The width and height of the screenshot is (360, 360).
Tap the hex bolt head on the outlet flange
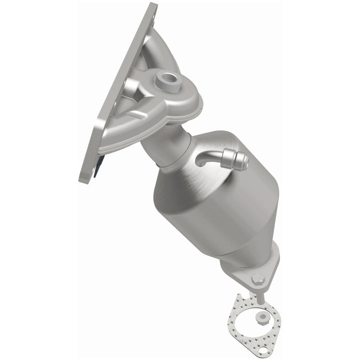257,278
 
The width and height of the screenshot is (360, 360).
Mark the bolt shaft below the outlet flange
260,295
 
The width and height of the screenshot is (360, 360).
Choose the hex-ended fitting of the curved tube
239,160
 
